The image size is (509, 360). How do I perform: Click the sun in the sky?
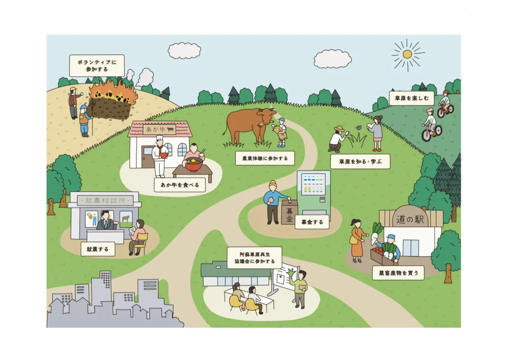pyautogui.click(x=407, y=54)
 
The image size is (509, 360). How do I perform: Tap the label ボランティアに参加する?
pyautogui.click(x=97, y=66)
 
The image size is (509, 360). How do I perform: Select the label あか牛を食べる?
pyautogui.click(x=180, y=184)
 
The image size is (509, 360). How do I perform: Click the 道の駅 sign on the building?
pyautogui.click(x=411, y=218)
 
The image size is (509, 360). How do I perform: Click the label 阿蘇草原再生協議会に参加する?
pyautogui.click(x=254, y=257)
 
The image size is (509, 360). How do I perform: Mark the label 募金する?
pyautogui.click(x=311, y=222)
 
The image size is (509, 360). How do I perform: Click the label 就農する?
pyautogui.click(x=98, y=249)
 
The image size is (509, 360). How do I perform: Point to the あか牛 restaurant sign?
pyautogui.click(x=159, y=129)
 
